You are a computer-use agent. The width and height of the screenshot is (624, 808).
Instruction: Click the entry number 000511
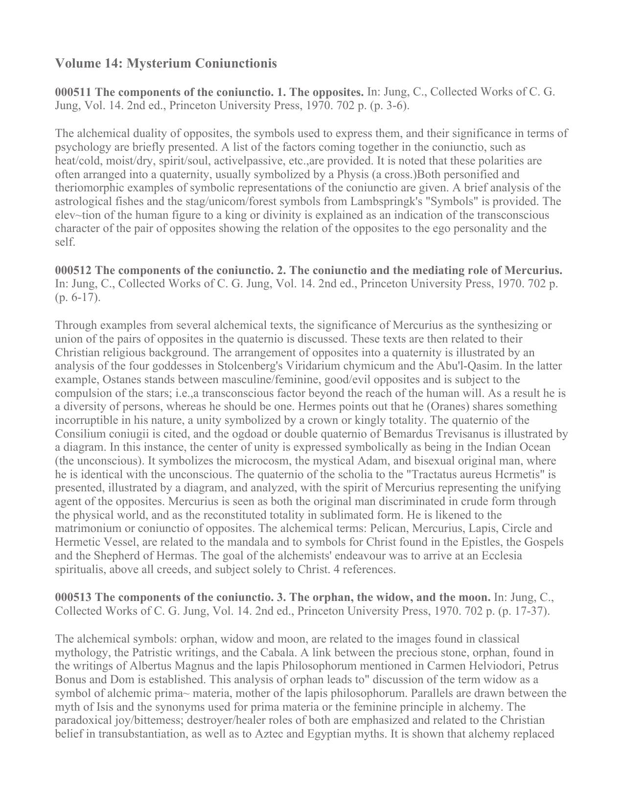click(x=73, y=92)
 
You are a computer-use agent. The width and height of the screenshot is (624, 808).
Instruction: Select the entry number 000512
click(x=73, y=270)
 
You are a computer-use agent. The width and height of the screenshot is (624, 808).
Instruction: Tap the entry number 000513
click(x=73, y=597)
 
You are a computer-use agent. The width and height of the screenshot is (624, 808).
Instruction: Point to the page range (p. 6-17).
click(x=77, y=298)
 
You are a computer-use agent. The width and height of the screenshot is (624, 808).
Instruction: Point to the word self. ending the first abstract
click(x=65, y=242)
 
